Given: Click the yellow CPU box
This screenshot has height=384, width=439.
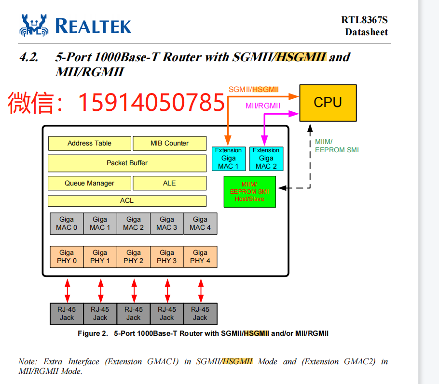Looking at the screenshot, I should (328, 103).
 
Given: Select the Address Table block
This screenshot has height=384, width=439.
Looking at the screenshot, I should (89, 143).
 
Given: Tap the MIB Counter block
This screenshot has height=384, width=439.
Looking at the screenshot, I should (169, 143).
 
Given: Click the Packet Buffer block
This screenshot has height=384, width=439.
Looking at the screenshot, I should (127, 163).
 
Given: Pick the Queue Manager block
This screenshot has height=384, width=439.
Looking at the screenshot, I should (89, 183).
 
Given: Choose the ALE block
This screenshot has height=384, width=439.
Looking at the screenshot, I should (169, 183).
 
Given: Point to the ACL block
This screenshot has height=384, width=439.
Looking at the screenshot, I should (127, 200).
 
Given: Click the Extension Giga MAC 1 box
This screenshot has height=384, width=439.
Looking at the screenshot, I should (229, 159).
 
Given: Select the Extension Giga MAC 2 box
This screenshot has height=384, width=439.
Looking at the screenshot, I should (266, 159).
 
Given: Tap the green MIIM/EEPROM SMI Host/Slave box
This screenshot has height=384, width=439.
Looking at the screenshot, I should (249, 191).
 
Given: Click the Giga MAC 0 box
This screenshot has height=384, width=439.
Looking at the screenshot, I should (67, 224).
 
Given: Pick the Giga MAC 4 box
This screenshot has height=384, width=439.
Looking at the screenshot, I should (200, 224).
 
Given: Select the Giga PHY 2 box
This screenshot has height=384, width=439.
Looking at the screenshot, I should (134, 257).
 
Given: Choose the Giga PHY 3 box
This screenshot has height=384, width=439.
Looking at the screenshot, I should (167, 257).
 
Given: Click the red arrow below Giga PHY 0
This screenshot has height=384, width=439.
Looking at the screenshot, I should (68, 290).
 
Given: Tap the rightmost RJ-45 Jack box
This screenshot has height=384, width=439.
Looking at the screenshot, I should (200, 314).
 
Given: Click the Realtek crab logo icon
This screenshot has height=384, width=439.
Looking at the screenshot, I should (34, 25).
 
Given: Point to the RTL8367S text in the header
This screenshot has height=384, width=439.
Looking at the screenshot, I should (364, 20).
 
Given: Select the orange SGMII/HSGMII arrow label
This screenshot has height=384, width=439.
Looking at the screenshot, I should (253, 89).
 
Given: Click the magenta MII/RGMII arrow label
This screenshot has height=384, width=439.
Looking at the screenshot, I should (263, 106).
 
